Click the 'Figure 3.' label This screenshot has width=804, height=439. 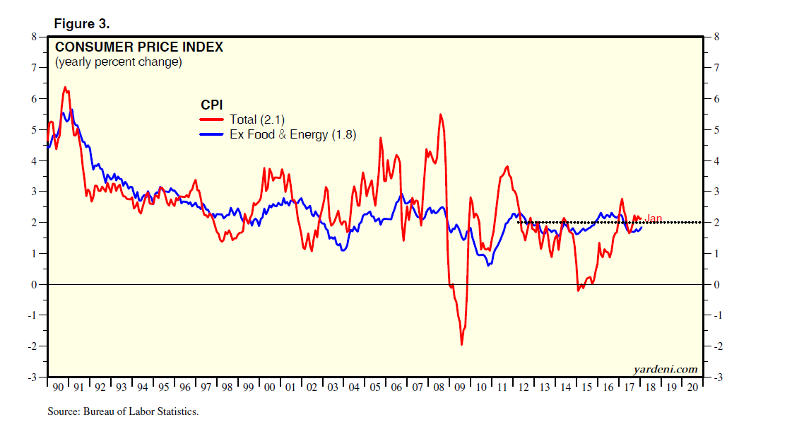pos(82,24)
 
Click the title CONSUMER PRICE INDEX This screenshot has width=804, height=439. pos(139,47)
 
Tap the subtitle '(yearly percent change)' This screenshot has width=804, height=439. pos(118,62)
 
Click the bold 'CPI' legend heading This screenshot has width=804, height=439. pos(212,105)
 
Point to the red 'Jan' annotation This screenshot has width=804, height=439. pos(654,218)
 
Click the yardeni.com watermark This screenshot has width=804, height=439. pos(664,369)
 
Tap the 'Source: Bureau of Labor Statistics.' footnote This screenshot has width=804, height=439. pos(123,411)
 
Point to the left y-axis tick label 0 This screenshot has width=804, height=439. pos(33,284)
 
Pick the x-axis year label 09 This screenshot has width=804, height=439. pos(461,388)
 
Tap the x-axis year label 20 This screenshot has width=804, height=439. pos(692,388)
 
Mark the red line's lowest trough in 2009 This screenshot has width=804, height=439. pos(461,344)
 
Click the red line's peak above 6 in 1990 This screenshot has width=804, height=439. pos(65,88)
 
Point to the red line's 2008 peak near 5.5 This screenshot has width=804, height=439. pos(441,115)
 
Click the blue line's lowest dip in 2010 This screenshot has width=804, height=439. pos(489,264)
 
